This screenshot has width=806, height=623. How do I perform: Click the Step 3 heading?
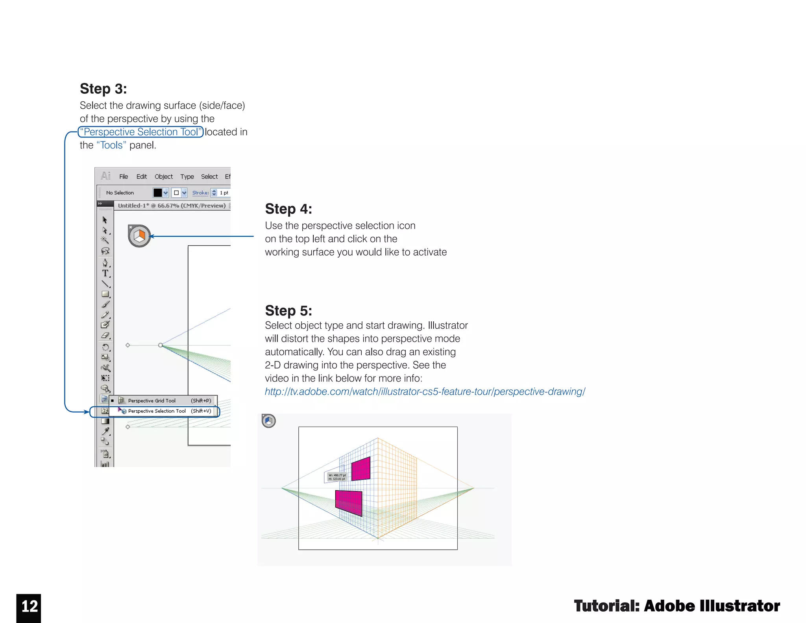click(103, 89)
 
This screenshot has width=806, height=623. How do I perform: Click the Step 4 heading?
click(288, 209)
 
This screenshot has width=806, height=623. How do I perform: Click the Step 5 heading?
click(288, 310)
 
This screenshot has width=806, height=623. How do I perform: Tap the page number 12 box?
click(29, 607)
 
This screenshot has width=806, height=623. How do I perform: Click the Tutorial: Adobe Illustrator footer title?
click(677, 606)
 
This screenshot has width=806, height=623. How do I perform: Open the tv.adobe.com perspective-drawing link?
click(425, 391)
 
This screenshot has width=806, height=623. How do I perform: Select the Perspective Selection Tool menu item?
click(157, 411)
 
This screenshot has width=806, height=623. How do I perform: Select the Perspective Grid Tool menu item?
click(152, 400)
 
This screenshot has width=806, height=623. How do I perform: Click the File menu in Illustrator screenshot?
click(124, 176)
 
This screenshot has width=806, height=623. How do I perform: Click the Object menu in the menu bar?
click(163, 176)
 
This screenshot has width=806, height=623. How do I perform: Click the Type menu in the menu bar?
click(187, 176)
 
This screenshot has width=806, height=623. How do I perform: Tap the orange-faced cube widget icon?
click(139, 236)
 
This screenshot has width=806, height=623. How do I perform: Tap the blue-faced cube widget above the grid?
click(269, 421)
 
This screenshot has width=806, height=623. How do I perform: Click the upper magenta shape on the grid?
click(361, 469)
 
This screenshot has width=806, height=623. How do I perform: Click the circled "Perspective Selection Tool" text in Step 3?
click(141, 132)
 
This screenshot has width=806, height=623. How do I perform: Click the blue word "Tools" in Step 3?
click(111, 145)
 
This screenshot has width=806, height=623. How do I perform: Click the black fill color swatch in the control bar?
click(157, 193)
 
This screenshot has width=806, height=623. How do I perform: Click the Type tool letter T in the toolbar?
click(105, 273)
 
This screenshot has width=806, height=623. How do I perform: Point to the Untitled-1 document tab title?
click(172, 206)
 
